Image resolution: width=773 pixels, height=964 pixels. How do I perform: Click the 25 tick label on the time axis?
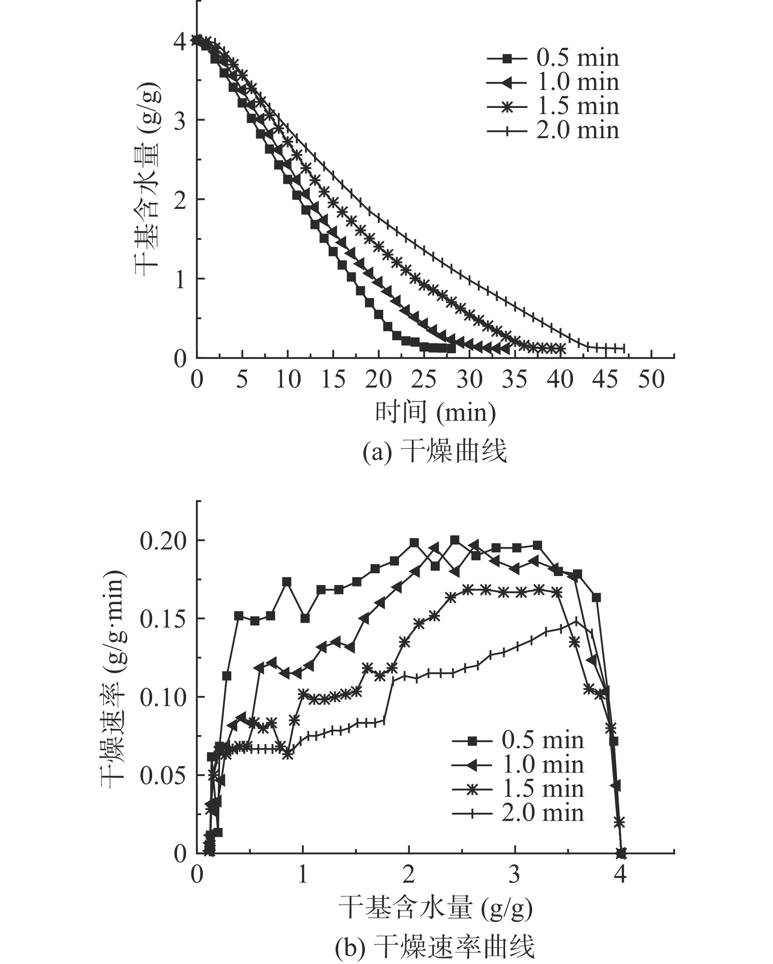pos(424,380)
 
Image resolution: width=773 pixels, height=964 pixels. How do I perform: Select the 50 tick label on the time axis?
pos(651,380)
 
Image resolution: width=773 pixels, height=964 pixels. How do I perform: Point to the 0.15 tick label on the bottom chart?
pos(163,620)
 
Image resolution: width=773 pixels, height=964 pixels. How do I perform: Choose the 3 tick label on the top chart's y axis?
pos(180,121)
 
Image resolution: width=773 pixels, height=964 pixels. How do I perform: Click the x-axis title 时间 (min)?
pos(435,412)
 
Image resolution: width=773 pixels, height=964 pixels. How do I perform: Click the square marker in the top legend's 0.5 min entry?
pos(507,58)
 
